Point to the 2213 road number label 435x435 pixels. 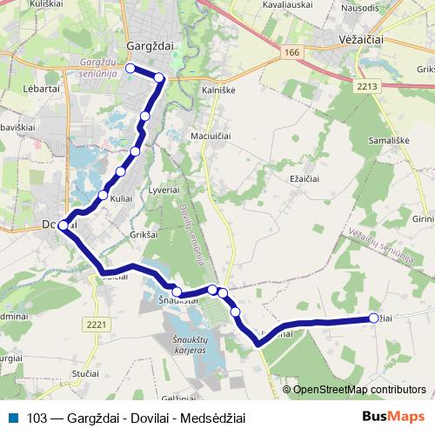pyautogui.click(x=368, y=86)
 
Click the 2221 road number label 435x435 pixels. pyautogui.click(x=97, y=325)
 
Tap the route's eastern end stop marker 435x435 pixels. pyautogui.click(x=374, y=318)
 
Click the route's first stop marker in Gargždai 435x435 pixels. pyautogui.click(x=130, y=68)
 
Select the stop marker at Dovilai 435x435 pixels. pyautogui.click(x=63, y=226)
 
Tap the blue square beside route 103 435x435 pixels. pyautogui.click(x=15, y=417)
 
